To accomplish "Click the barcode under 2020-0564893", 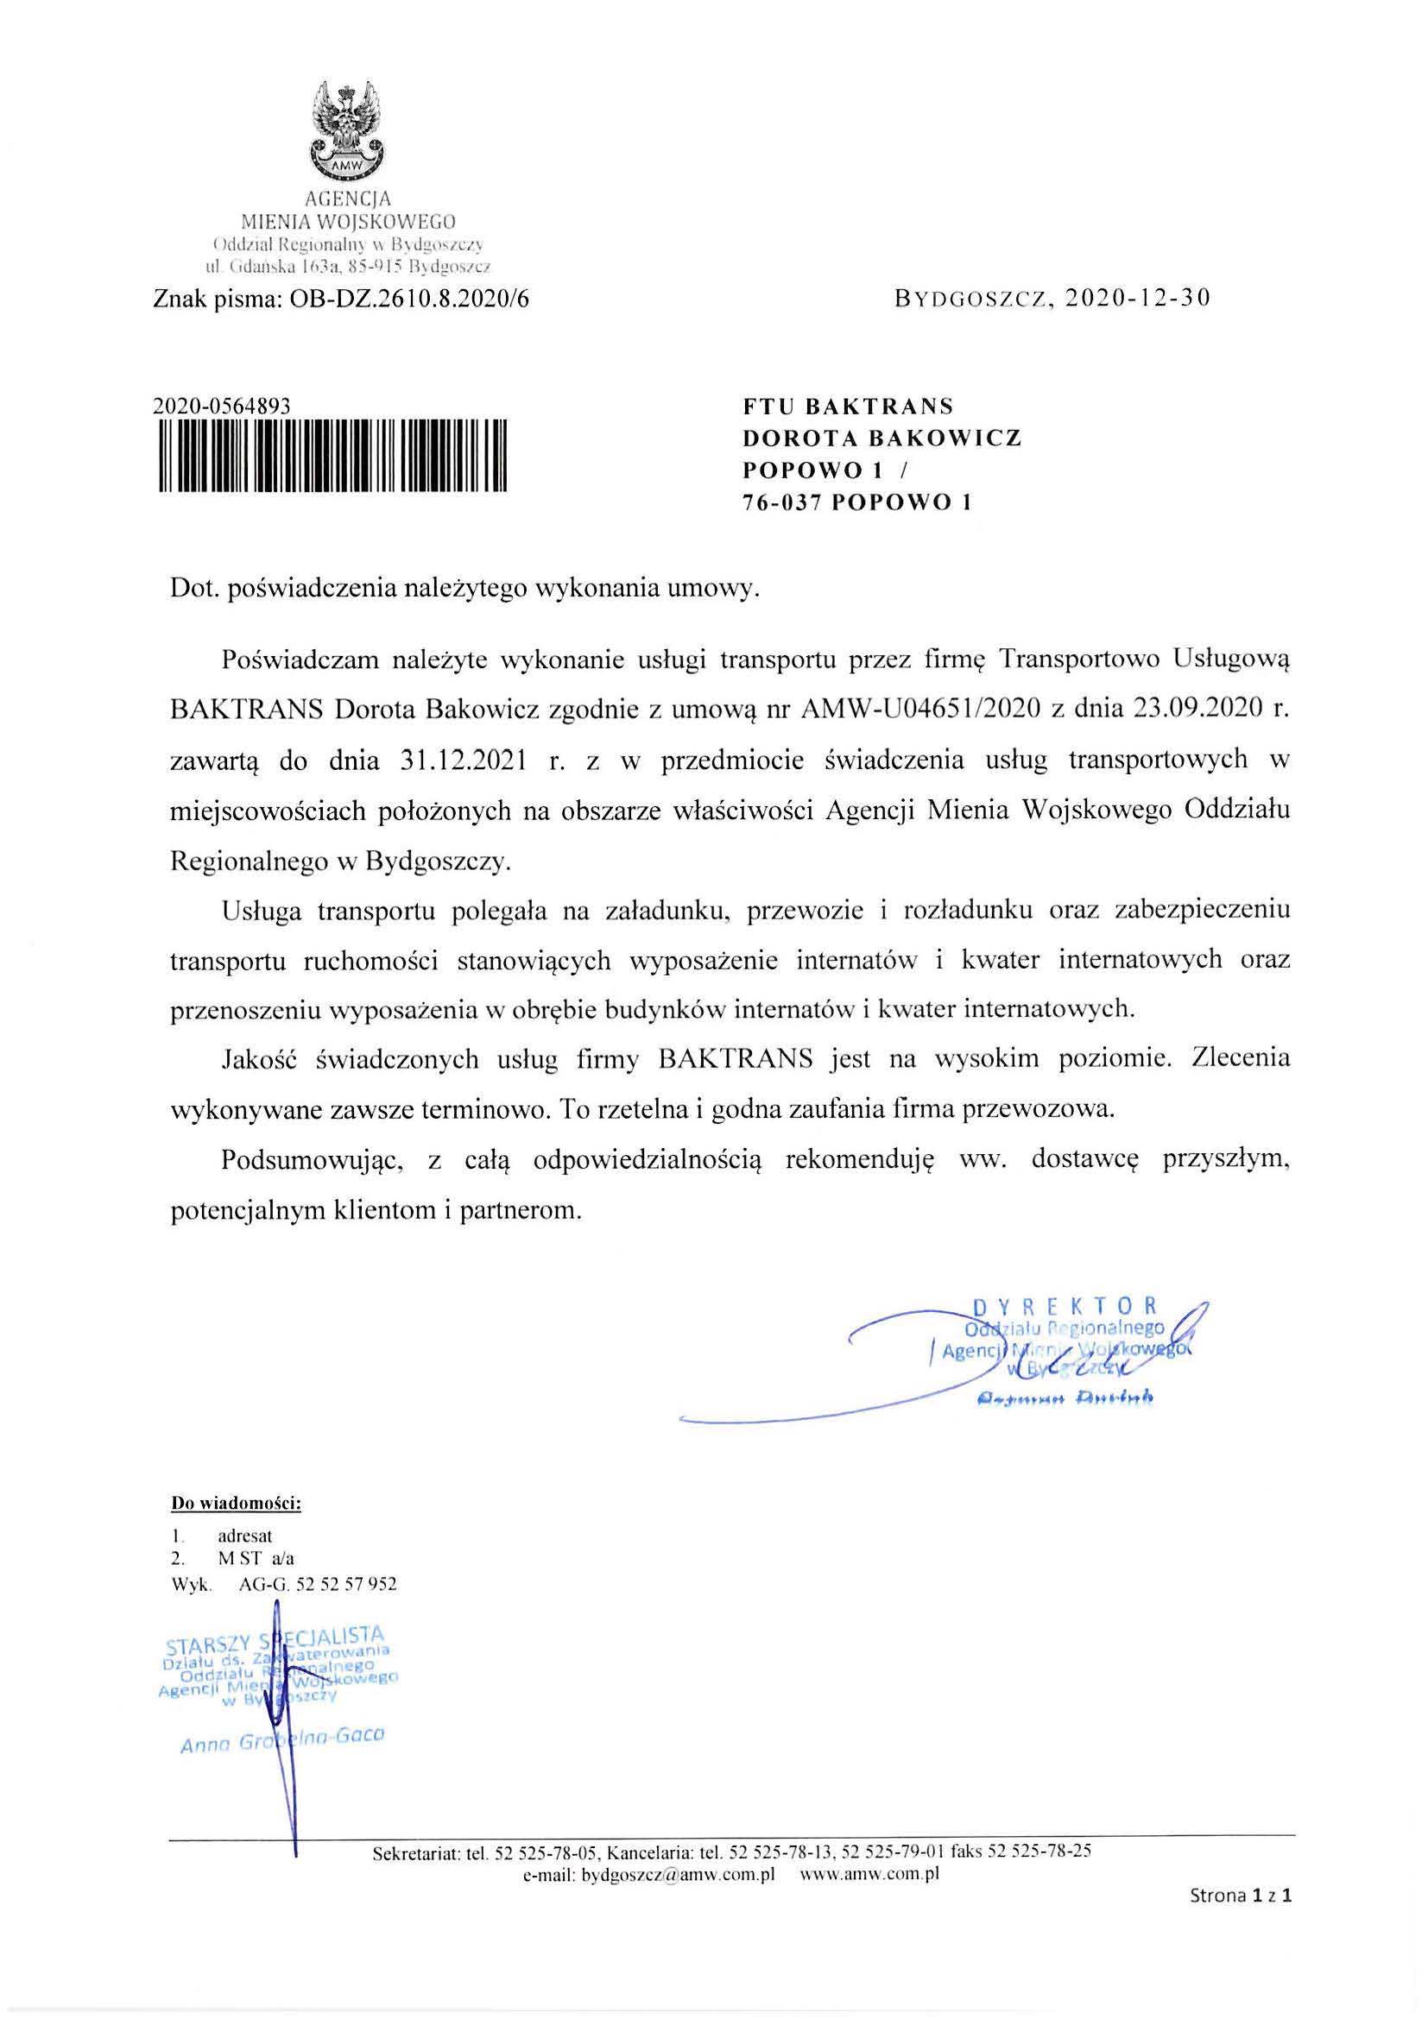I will coord(333,456).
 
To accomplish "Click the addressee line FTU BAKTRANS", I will coord(849,407).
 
